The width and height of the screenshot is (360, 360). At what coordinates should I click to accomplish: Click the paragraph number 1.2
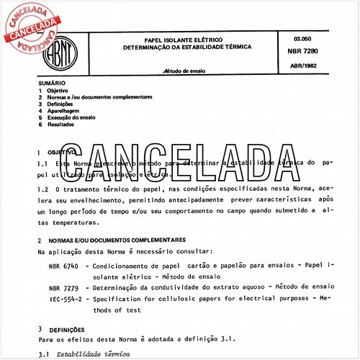tap(43, 188)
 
